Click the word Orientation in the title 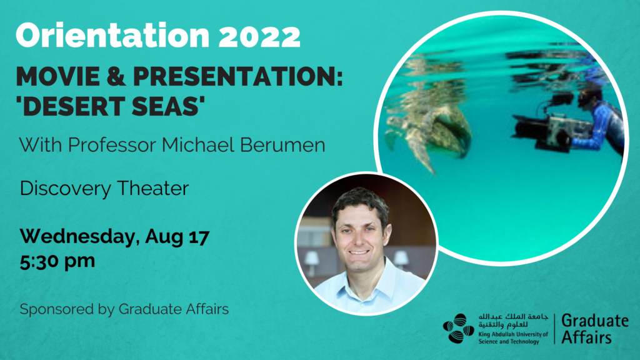(x=112, y=35)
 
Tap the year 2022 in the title (x=259, y=36)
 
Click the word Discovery (x=65, y=189)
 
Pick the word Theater (x=153, y=188)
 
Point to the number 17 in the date (x=199, y=236)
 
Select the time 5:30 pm (x=57, y=261)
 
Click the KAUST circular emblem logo (x=458, y=329)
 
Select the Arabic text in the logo (x=513, y=321)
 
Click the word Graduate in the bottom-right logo (x=595, y=321)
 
